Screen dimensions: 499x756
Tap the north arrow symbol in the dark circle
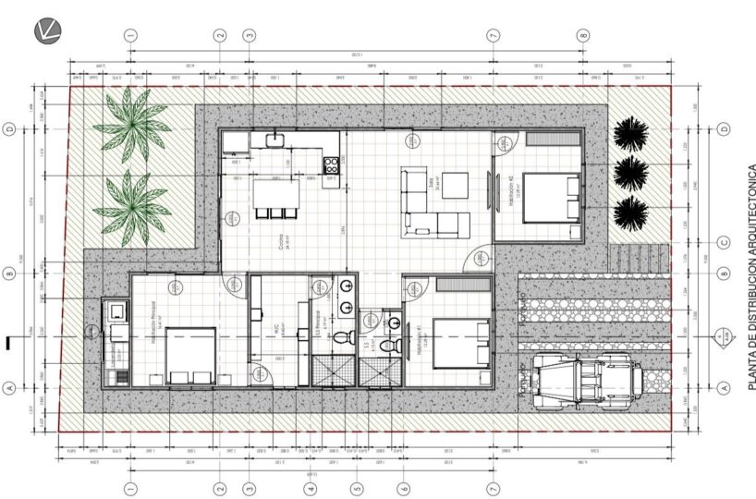pyautogui.click(x=47, y=31)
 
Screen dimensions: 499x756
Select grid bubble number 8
pyautogui.click(x=583, y=34)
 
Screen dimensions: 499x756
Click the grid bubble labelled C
pyautogui.click(x=724, y=244)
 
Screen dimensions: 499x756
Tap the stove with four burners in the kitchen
pyautogui.click(x=330, y=165)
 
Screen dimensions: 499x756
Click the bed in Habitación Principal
pyautogui.click(x=191, y=354)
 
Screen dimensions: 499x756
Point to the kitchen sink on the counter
pyautogui.click(x=274, y=140)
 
